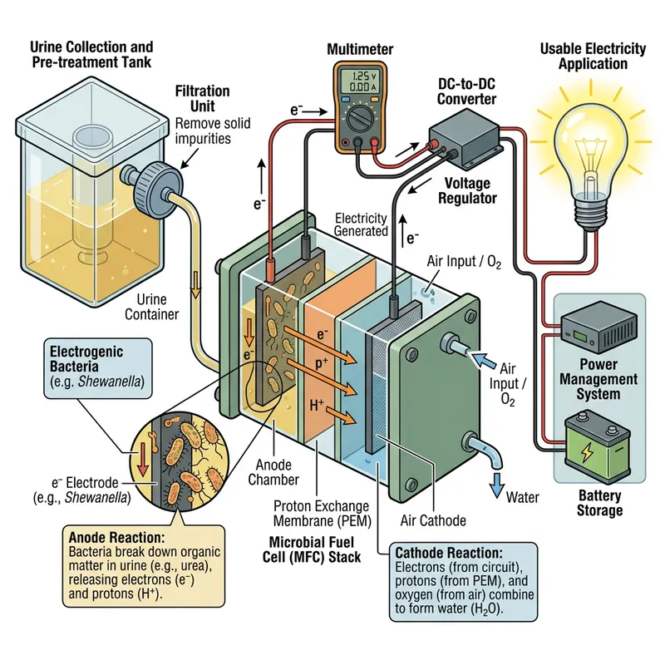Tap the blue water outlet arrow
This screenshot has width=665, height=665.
click(x=498, y=482)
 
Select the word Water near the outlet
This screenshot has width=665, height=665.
click(x=522, y=497)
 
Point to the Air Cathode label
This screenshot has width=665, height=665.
click(x=432, y=521)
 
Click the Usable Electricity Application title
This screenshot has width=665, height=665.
click(x=593, y=57)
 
